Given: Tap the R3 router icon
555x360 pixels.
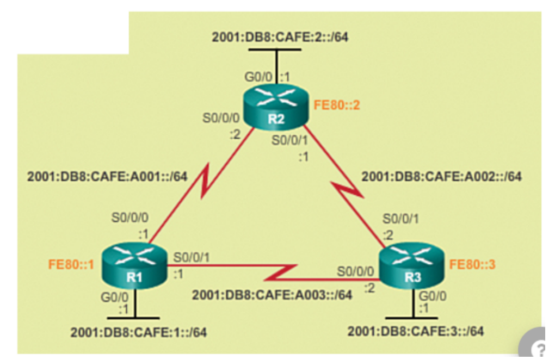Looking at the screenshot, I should (x=411, y=268).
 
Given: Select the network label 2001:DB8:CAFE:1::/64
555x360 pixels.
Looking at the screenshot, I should (x=139, y=332).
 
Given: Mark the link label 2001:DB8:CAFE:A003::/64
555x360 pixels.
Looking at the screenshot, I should (x=272, y=295).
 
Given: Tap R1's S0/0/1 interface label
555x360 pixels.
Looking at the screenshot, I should (x=191, y=256).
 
